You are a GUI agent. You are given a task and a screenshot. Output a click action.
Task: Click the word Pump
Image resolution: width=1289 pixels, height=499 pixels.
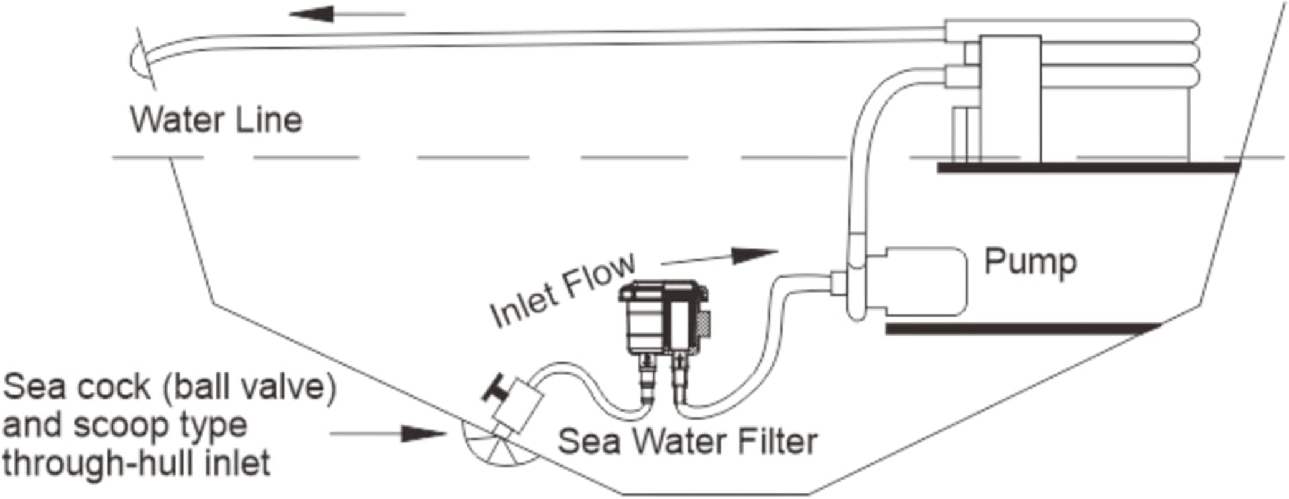click(1030, 262)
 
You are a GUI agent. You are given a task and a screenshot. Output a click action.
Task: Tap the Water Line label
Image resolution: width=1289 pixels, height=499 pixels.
click(216, 120)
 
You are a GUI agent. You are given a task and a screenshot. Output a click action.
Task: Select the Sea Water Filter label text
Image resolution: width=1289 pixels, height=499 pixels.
click(687, 442)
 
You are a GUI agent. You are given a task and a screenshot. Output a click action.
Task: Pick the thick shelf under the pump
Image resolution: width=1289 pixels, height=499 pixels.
click(1022, 329)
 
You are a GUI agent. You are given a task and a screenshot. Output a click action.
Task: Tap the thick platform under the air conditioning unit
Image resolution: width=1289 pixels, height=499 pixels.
click(1088, 167)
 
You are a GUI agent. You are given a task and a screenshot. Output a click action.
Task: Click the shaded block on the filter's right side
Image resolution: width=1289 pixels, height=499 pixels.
click(704, 324)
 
